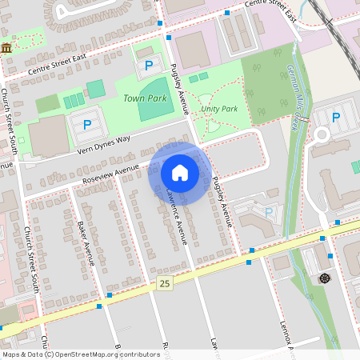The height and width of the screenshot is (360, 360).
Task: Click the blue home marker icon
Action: click(180, 173)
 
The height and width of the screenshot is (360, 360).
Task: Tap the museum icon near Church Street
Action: click(7, 49)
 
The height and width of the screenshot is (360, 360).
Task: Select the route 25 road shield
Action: click(165, 283)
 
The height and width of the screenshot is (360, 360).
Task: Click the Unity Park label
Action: click(219, 108)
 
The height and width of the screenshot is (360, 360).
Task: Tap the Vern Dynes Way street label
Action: click(102, 144)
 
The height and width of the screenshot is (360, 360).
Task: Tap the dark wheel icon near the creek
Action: click(325, 278)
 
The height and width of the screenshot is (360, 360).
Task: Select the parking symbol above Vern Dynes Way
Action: click(86, 125)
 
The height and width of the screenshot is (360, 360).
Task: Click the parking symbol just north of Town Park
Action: click(148, 65)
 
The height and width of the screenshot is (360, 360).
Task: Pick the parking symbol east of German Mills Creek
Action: click(337, 118)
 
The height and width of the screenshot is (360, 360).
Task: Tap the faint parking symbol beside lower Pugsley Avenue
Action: click(269, 212)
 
